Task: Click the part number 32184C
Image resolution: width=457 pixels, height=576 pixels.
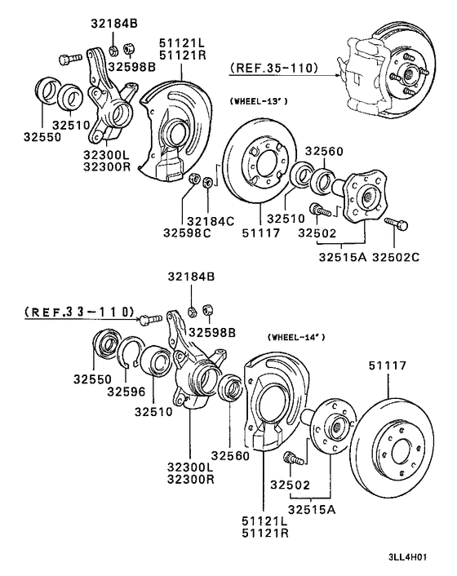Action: tap(211, 220)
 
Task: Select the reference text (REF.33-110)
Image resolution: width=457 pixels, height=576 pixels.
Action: tap(73, 311)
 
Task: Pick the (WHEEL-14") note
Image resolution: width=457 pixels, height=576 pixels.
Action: tap(296, 336)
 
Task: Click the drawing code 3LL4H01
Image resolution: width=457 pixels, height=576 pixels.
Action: tap(419, 559)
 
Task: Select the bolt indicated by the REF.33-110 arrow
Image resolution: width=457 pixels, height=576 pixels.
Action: tap(146, 319)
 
